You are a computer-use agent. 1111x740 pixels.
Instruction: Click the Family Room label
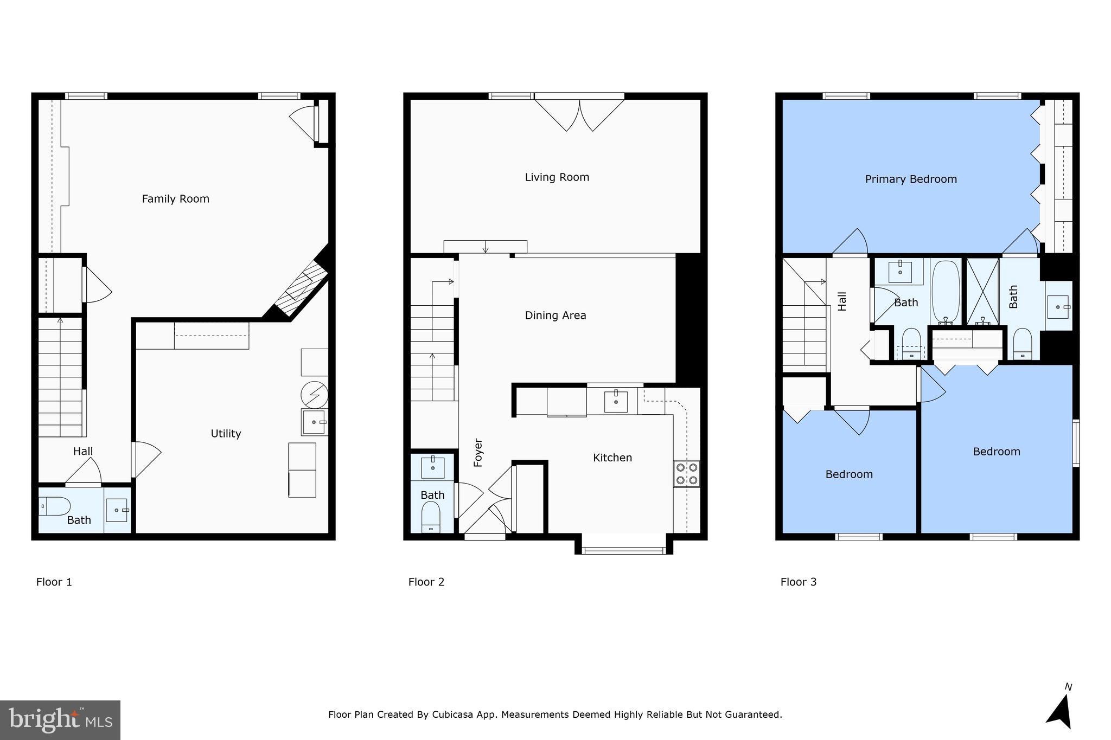[x=175, y=199]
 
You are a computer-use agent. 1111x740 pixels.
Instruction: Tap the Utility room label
[x=226, y=434]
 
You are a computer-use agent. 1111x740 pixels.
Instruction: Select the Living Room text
[x=557, y=177]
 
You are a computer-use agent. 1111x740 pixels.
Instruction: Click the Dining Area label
[x=555, y=316]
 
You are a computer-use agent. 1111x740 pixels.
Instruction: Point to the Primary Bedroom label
[x=910, y=179]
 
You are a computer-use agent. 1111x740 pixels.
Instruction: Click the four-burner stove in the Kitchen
[x=686, y=474]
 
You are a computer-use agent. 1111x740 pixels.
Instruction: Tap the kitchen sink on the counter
[x=616, y=402]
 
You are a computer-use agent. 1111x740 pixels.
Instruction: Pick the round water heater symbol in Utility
[x=315, y=394]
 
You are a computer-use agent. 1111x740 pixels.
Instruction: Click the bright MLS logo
[x=60, y=720]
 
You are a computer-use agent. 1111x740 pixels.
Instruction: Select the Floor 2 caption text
[x=426, y=582]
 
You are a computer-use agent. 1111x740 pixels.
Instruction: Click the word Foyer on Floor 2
[x=478, y=452]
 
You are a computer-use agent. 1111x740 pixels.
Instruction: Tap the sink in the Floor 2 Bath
[x=432, y=467]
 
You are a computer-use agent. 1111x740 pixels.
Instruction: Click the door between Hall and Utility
[x=145, y=460]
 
